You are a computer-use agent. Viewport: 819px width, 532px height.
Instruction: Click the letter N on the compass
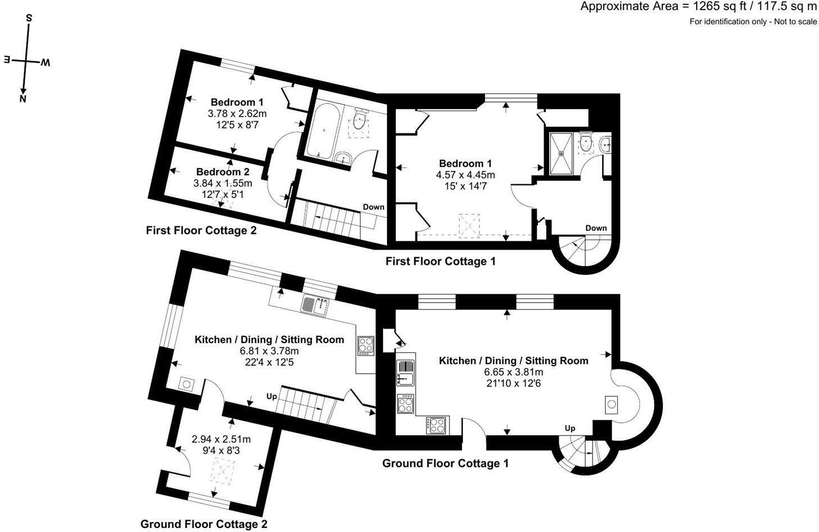[23, 99]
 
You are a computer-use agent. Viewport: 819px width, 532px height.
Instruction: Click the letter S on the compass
[29, 18]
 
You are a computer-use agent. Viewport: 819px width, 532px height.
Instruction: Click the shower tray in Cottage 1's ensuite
[560, 154]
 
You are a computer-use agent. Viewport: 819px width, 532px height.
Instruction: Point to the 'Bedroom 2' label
[222, 171]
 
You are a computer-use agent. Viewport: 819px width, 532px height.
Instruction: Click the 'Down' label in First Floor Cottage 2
[373, 207]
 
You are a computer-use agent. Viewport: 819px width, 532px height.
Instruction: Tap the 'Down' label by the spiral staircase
[596, 228]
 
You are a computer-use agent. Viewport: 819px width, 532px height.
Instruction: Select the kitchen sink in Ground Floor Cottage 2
[315, 305]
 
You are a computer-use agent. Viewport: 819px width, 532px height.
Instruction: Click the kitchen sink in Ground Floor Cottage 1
[405, 373]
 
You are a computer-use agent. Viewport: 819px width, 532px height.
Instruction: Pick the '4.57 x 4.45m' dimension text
[465, 175]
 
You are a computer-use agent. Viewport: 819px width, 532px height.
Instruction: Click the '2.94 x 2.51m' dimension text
[221, 438]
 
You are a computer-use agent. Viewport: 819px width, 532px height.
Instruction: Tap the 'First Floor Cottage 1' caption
[440, 261]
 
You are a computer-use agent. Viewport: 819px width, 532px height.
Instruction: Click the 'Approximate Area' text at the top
[629, 7]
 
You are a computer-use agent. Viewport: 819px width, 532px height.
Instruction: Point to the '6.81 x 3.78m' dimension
[269, 351]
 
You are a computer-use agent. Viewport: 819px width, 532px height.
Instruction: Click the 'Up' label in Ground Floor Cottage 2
[271, 396]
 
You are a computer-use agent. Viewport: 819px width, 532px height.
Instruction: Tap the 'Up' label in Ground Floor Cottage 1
[570, 428]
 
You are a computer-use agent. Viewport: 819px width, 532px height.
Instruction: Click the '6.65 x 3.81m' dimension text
[514, 372]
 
